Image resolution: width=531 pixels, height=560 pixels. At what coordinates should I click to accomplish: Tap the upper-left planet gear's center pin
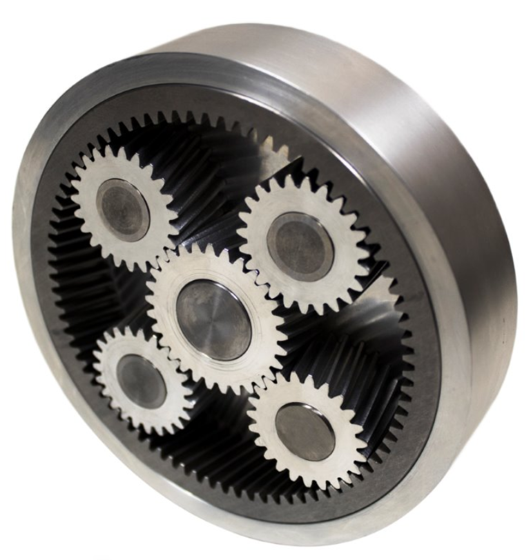(122, 210)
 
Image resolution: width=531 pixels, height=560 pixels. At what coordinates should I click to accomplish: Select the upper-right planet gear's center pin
(300, 246)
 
